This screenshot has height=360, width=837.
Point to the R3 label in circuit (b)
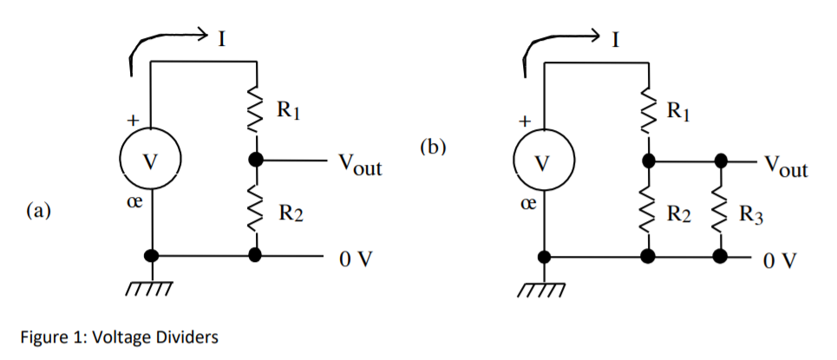tap(752, 214)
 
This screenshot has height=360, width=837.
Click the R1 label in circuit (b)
tap(680, 110)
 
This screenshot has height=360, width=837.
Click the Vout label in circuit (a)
tap(357, 165)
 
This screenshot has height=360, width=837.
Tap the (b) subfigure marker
tap(432, 147)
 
